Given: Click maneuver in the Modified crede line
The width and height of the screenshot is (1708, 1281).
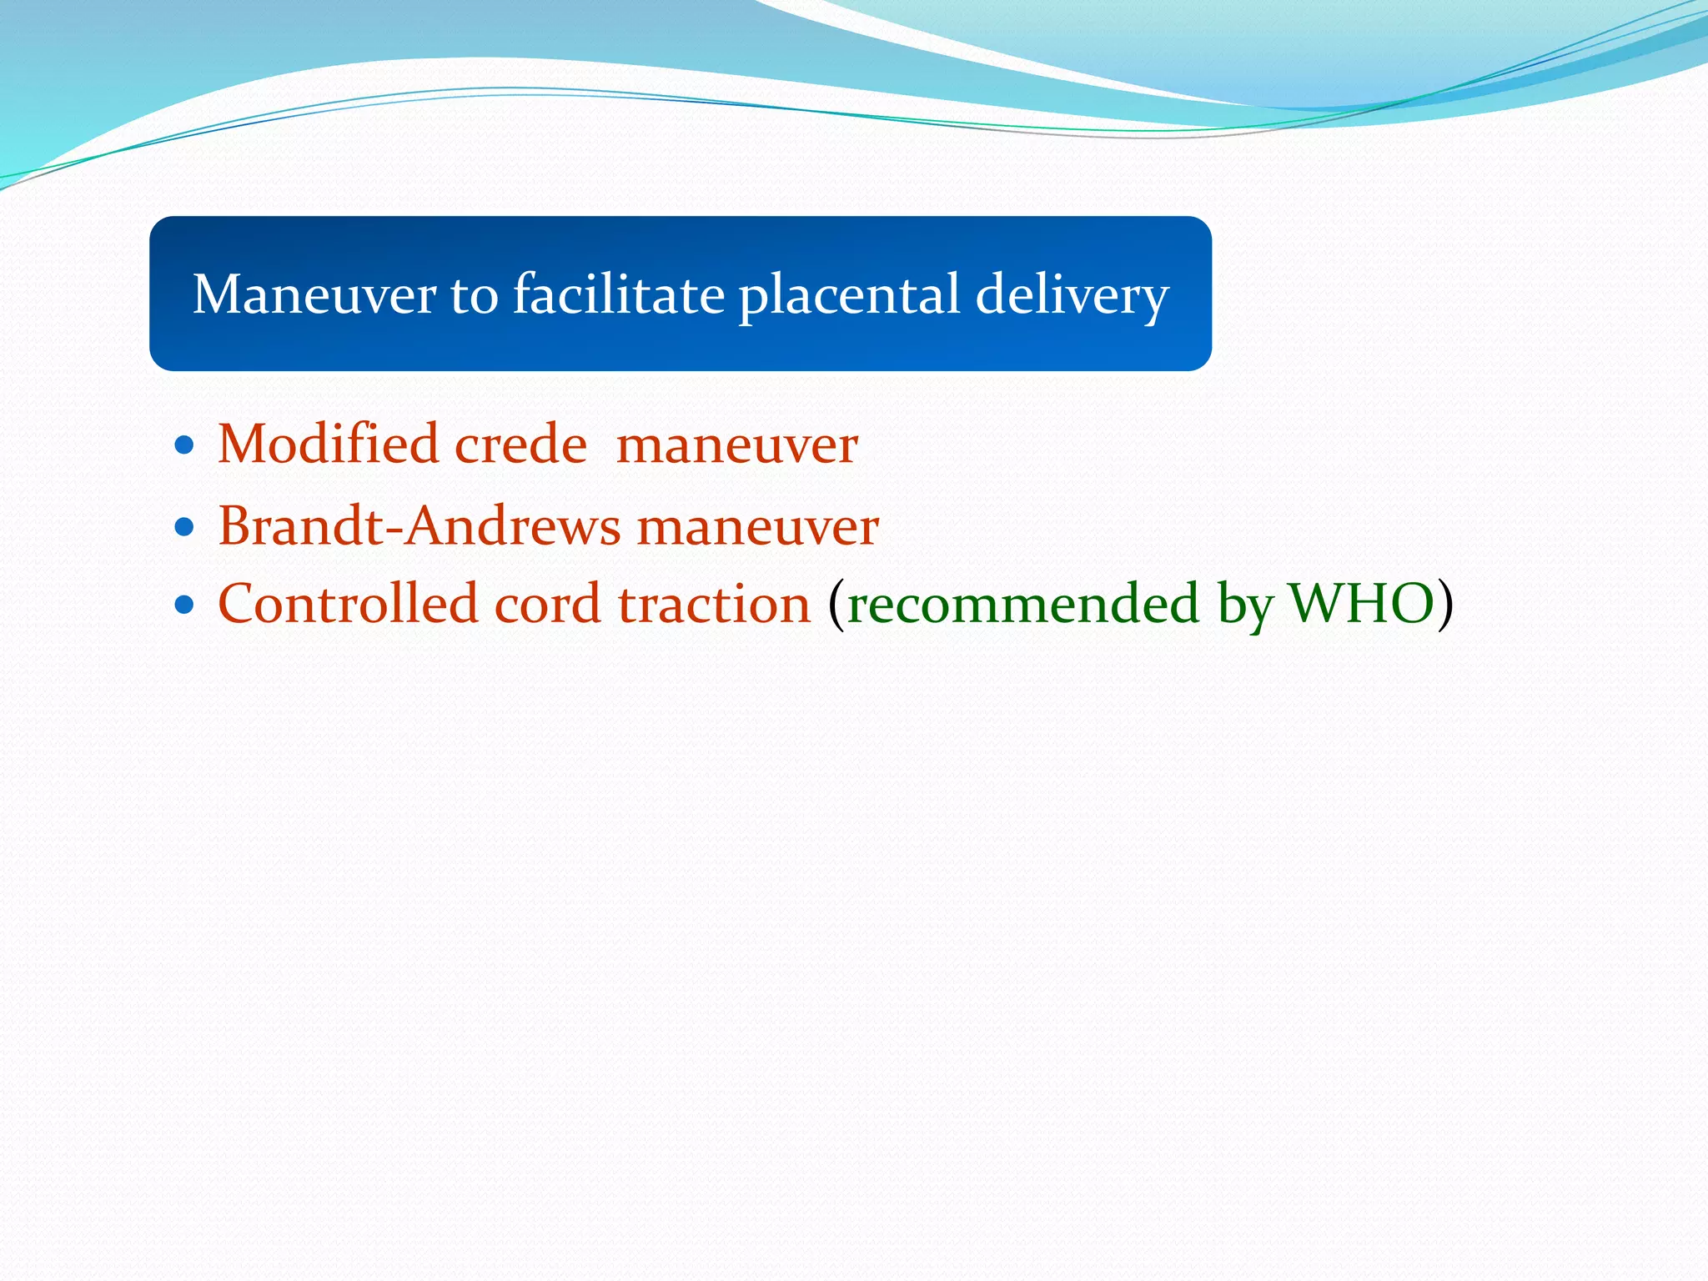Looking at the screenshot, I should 736,445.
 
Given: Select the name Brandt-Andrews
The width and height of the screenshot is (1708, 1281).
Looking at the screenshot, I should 419,526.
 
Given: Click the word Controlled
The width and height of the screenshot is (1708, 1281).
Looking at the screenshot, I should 348,603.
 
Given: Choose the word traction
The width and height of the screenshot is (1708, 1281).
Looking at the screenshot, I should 714,603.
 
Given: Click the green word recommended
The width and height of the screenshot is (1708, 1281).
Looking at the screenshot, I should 1022,605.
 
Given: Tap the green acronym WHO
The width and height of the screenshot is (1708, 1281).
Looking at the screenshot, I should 1361,603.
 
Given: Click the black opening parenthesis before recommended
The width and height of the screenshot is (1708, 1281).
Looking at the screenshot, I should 836,605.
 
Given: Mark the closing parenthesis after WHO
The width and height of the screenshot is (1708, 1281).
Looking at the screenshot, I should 1445,605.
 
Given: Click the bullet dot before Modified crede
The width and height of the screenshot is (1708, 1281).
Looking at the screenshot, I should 185,445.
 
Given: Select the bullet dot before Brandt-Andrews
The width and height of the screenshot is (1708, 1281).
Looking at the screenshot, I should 185,528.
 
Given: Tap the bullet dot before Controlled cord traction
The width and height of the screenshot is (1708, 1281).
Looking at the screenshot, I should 185,605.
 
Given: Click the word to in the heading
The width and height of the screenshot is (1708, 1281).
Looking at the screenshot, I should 473,296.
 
